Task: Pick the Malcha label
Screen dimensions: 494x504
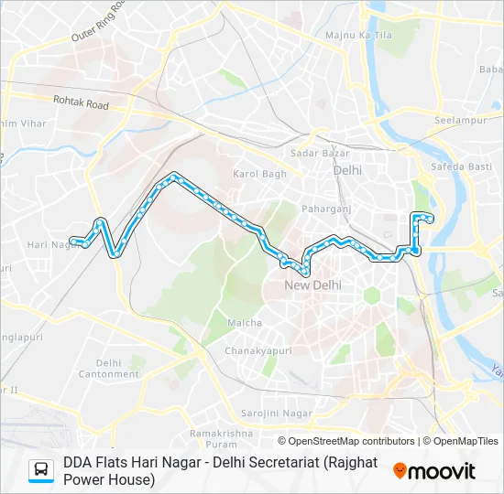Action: coord(245,323)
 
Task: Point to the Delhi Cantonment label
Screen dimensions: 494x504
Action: coord(108,369)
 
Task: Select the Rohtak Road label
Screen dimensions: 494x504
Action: coord(81,105)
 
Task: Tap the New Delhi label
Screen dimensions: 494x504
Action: coord(312,285)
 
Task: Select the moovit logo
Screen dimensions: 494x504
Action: coord(434,471)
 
